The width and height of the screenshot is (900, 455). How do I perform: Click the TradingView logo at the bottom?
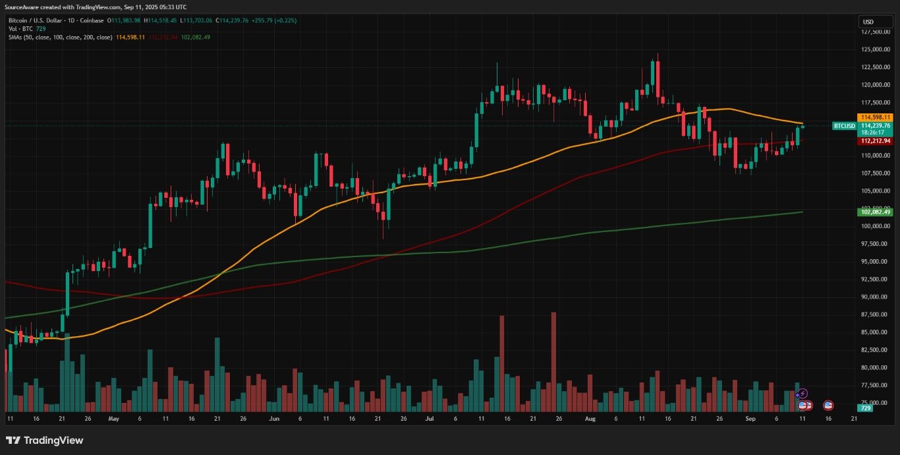[x=45, y=440]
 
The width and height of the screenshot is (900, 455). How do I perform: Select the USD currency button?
[x=868, y=22]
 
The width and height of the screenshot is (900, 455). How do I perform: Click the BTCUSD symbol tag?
[x=844, y=125]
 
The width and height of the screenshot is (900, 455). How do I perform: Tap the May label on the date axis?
[x=113, y=419]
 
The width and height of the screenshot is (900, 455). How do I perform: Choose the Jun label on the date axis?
[x=274, y=419]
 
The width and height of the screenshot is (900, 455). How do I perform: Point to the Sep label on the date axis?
[x=750, y=419]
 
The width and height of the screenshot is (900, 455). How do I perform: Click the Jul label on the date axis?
[x=430, y=419]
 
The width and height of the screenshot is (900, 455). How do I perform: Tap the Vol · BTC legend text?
[x=19, y=29]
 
